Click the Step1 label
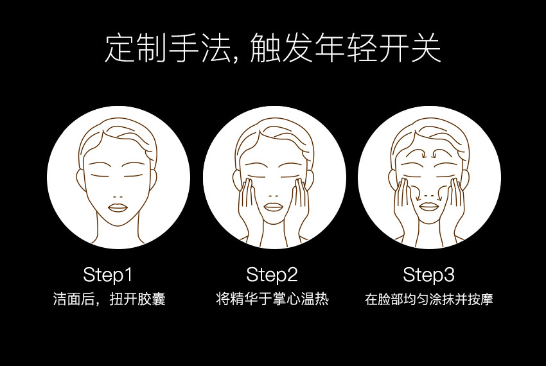click(x=108, y=274)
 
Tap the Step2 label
click(x=272, y=274)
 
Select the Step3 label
click(x=428, y=274)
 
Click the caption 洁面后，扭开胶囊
click(x=109, y=299)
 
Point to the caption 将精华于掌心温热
click(x=272, y=299)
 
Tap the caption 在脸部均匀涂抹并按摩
click(x=429, y=299)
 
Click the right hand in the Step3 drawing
click(x=454, y=208)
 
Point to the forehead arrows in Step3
click(x=430, y=153)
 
